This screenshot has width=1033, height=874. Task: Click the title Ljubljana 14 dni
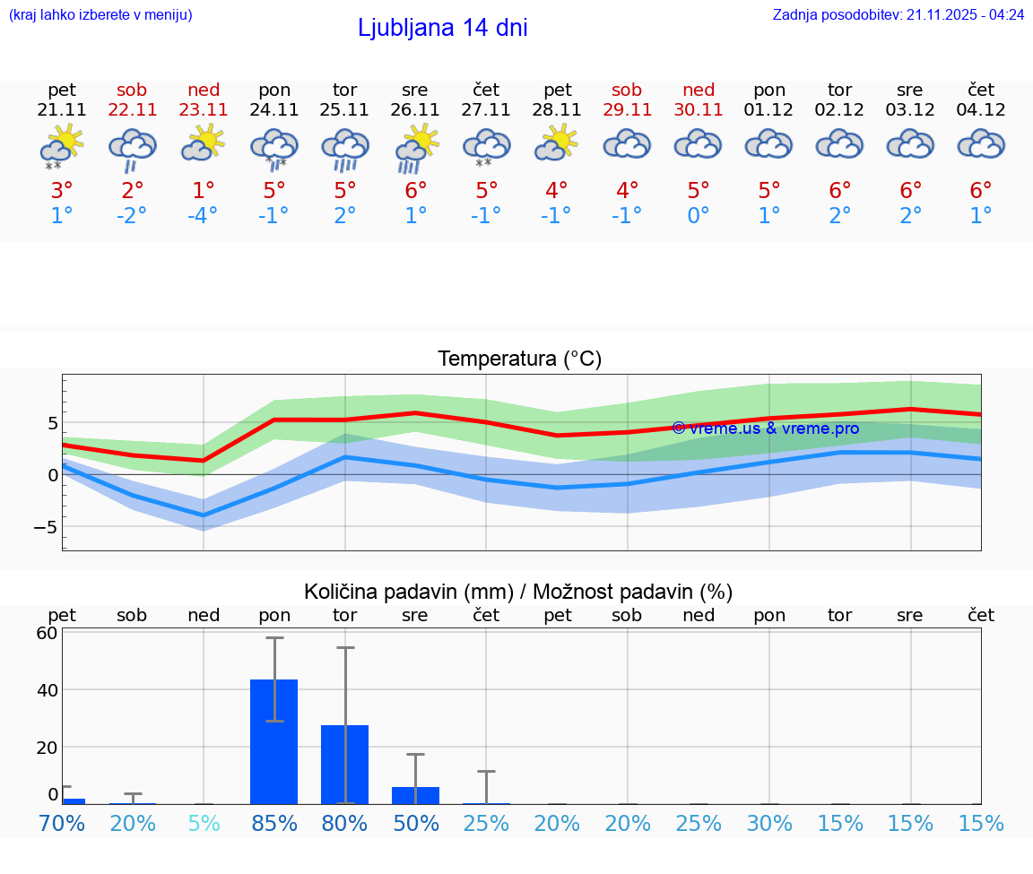click(x=442, y=28)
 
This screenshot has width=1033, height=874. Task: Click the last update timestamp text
click(x=898, y=14)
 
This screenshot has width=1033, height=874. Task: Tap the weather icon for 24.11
click(x=274, y=147)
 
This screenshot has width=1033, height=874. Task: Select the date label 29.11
click(x=627, y=109)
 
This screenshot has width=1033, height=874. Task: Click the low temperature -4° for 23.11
click(x=204, y=216)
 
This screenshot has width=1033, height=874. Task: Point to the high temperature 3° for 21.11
click(x=62, y=191)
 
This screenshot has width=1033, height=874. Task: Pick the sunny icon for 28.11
click(x=557, y=143)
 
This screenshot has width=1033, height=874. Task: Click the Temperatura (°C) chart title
click(x=519, y=359)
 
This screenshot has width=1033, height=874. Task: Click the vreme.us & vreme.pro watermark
click(x=765, y=428)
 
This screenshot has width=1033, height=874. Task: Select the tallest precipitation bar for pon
click(x=274, y=741)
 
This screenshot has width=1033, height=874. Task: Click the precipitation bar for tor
click(x=345, y=764)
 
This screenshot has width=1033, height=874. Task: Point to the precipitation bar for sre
click(x=415, y=795)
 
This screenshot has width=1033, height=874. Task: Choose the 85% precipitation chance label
click(x=274, y=824)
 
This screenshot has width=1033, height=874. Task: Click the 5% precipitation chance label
click(x=204, y=824)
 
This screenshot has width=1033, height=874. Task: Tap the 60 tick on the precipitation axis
click(x=47, y=633)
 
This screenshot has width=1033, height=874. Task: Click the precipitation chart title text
click(x=518, y=592)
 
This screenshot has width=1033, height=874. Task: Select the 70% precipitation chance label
click(x=62, y=824)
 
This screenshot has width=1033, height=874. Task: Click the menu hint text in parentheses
click(x=100, y=14)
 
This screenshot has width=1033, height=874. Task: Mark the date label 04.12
click(x=981, y=109)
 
